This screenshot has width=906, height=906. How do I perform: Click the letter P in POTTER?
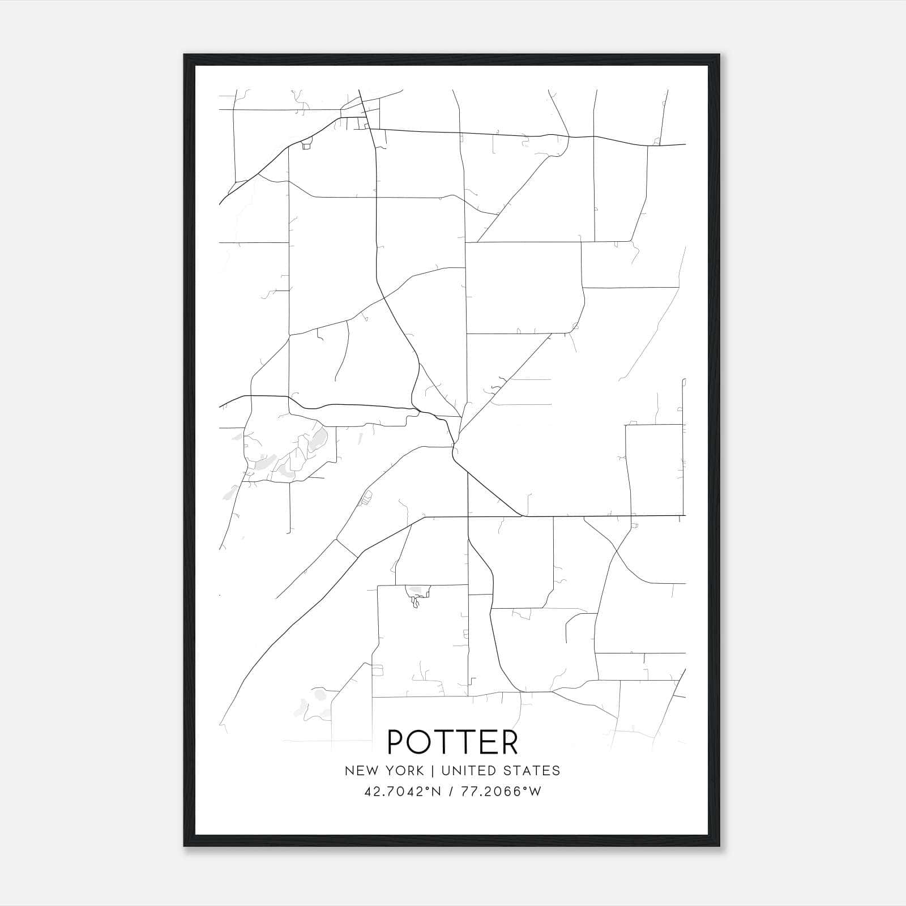[x=396, y=742]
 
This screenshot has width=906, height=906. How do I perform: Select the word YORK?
[x=403, y=771]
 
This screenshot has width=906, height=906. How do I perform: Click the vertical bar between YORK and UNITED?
[x=432, y=771]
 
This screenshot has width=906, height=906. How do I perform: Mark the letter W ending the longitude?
[x=535, y=792]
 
